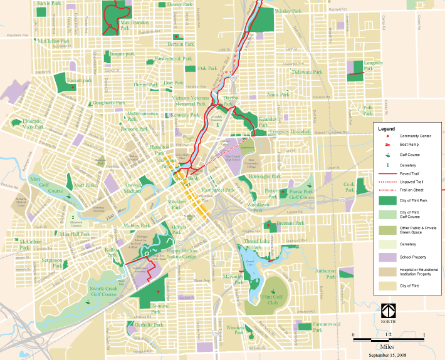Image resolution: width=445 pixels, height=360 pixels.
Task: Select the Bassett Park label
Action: tap(80, 81)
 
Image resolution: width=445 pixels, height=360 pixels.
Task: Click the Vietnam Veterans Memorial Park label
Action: tap(191, 101)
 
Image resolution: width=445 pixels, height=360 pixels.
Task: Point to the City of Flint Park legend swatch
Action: tap(389, 200)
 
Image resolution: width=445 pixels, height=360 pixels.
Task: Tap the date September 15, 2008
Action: tap(389, 354)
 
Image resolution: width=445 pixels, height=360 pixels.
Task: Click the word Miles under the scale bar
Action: tap(389, 346)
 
